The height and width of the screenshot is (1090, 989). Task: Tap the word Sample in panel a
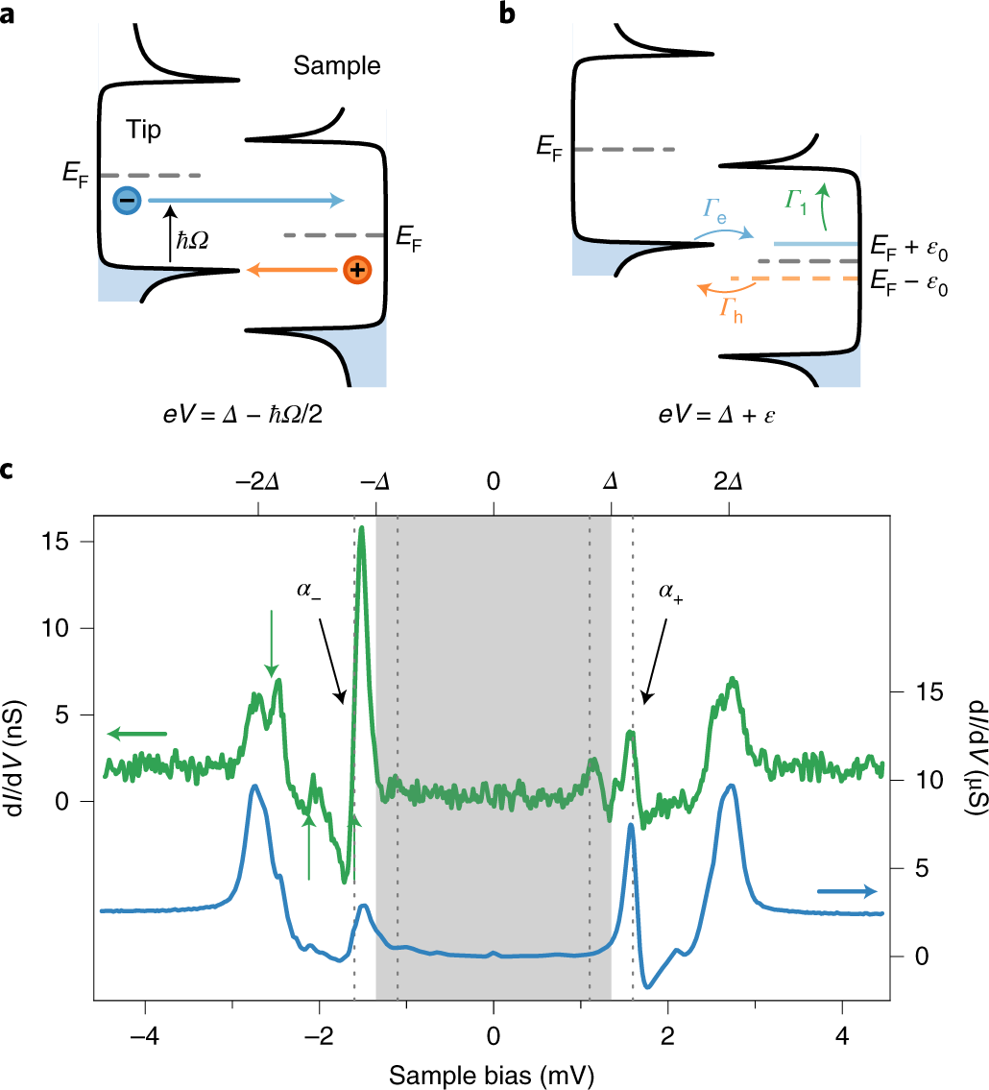337,66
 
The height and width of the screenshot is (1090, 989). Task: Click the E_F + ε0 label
909,246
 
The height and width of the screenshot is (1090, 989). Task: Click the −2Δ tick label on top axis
257,482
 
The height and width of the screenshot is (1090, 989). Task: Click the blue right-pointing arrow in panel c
847,891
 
